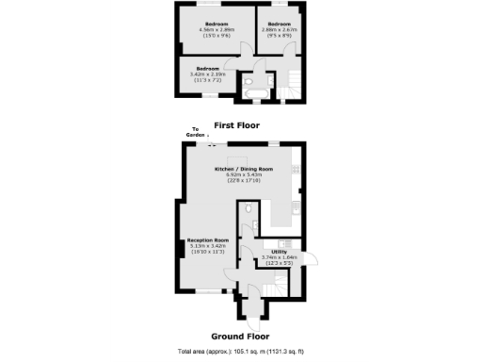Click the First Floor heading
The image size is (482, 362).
coord(236,125)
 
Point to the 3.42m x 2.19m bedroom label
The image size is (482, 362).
coord(207,73)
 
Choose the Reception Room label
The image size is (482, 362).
coord(207,244)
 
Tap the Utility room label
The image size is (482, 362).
coord(280,255)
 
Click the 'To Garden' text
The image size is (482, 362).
coord(197,132)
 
